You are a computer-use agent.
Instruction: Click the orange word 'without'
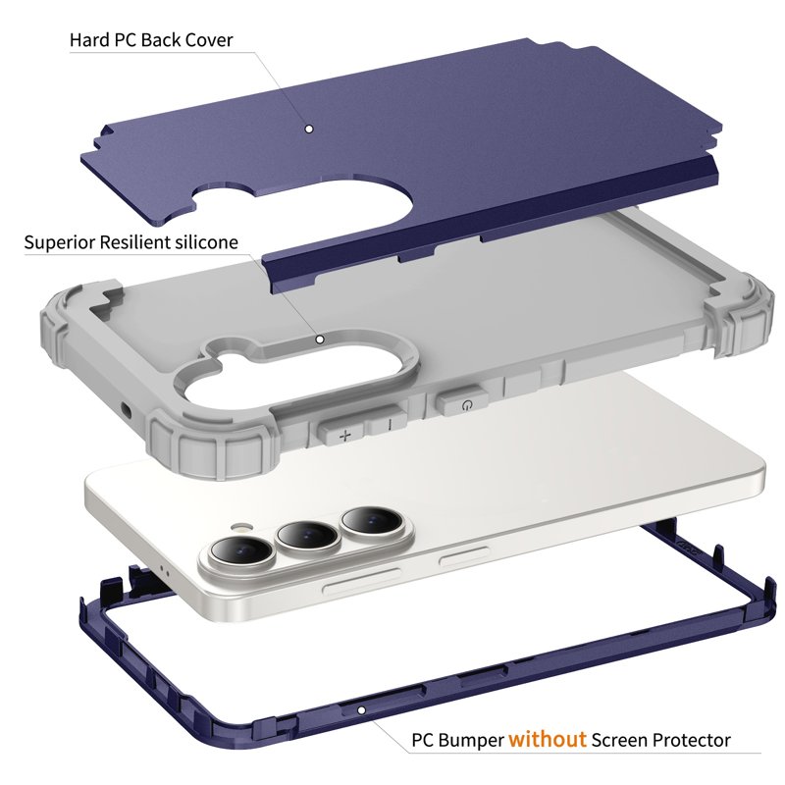[548, 739]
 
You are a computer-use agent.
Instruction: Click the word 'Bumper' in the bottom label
[472, 741]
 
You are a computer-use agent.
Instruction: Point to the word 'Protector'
[696, 740]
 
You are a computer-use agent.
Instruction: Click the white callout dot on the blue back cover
[309, 130]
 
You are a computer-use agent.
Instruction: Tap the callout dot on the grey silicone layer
[320, 340]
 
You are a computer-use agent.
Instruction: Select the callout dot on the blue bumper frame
[361, 709]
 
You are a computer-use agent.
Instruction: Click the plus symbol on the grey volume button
[345, 435]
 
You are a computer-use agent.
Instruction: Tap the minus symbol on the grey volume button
[391, 425]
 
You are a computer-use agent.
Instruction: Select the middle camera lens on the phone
[307, 535]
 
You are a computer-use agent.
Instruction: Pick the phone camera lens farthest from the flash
[371, 521]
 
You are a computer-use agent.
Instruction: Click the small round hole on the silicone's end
[126, 411]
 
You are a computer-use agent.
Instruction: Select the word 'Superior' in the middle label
[59, 242]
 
